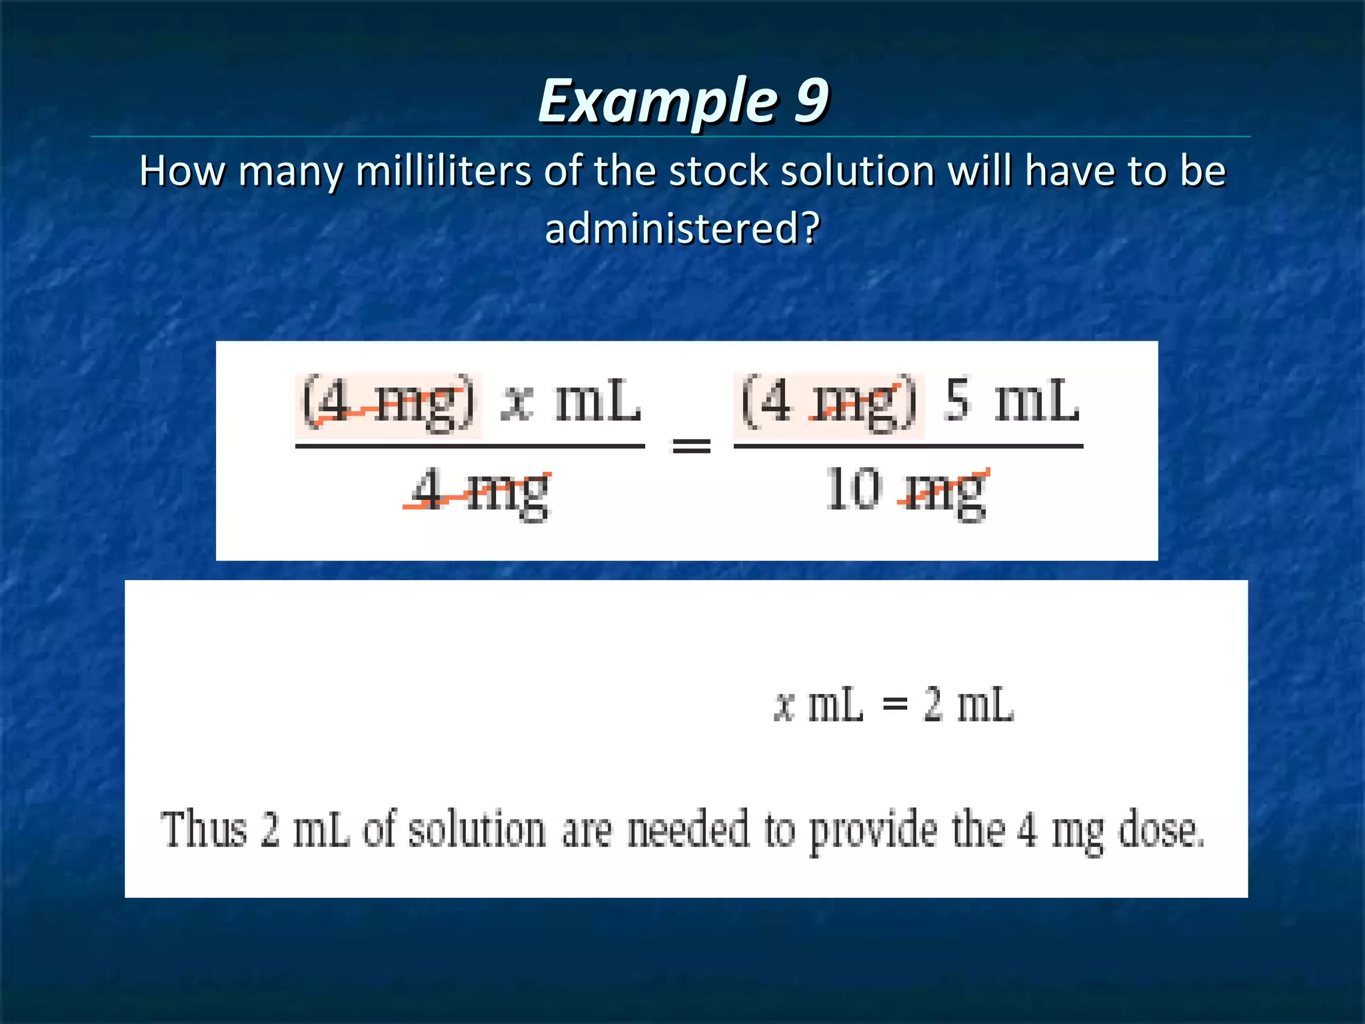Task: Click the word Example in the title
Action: (657, 101)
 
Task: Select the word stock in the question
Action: (718, 171)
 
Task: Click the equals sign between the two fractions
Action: (691, 445)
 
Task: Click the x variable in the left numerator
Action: (517, 402)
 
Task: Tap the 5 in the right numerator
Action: (956, 400)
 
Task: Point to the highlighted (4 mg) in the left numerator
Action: (389, 403)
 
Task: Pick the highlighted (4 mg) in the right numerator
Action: (828, 403)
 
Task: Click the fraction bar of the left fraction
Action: (470, 446)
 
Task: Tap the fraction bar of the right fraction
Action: (908, 446)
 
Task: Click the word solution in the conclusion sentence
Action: (477, 830)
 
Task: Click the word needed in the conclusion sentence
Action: (688, 830)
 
